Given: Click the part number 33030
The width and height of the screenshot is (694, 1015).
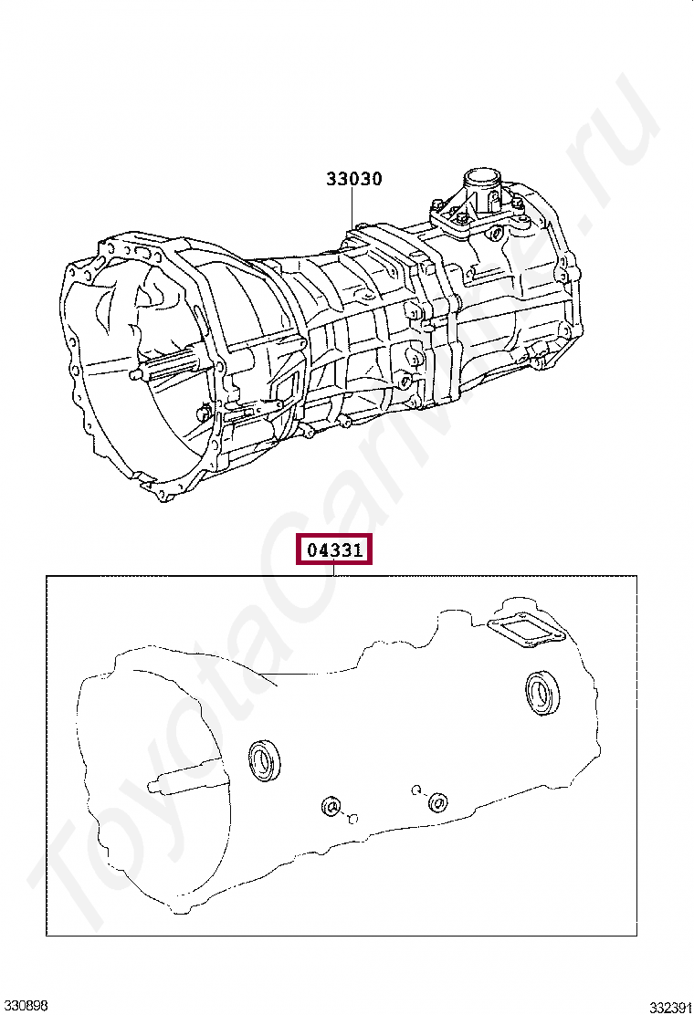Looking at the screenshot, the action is (x=353, y=179).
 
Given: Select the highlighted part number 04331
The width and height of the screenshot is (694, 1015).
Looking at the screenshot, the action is (x=334, y=549).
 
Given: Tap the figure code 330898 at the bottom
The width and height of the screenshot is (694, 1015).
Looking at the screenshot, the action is (x=24, y=1005).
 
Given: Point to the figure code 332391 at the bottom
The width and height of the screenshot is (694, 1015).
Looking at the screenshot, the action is (x=671, y=1007).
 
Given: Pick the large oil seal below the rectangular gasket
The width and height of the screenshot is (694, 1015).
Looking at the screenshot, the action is (x=542, y=694).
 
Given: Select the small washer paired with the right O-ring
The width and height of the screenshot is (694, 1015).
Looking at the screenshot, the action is (x=438, y=802).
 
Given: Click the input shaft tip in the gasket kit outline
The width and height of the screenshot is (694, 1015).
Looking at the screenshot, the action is (x=152, y=786).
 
